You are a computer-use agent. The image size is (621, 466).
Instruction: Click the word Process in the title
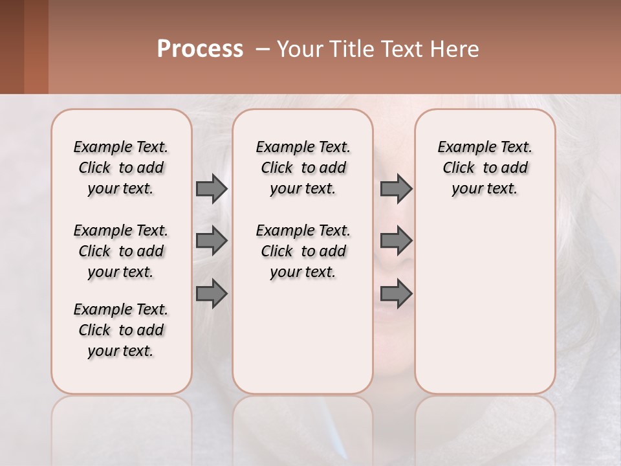[x=200, y=49]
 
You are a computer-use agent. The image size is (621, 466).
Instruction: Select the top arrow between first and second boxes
[x=212, y=189]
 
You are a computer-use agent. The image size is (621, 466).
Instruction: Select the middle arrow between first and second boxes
[x=212, y=241]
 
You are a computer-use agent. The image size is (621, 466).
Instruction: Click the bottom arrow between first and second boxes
[x=212, y=293]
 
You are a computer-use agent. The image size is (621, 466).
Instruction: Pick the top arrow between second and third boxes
[x=396, y=189]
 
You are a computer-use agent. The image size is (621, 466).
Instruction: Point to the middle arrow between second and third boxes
[x=396, y=241]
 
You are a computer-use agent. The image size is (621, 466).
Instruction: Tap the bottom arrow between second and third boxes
[x=396, y=293]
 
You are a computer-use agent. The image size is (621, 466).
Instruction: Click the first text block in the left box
[x=121, y=168]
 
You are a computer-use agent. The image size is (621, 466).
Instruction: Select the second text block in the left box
[x=121, y=251]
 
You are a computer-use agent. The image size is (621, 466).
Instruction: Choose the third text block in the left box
[x=121, y=330]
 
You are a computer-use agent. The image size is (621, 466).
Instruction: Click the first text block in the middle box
[x=303, y=168]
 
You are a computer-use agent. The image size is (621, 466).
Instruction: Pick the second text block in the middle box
[x=303, y=251]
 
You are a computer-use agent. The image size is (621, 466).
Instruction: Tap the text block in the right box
[x=485, y=168]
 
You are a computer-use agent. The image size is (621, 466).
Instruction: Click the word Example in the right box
[x=462, y=148]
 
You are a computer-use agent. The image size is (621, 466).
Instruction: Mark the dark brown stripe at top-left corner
[x=12, y=47]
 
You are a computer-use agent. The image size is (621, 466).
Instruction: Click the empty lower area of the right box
[x=485, y=304]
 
